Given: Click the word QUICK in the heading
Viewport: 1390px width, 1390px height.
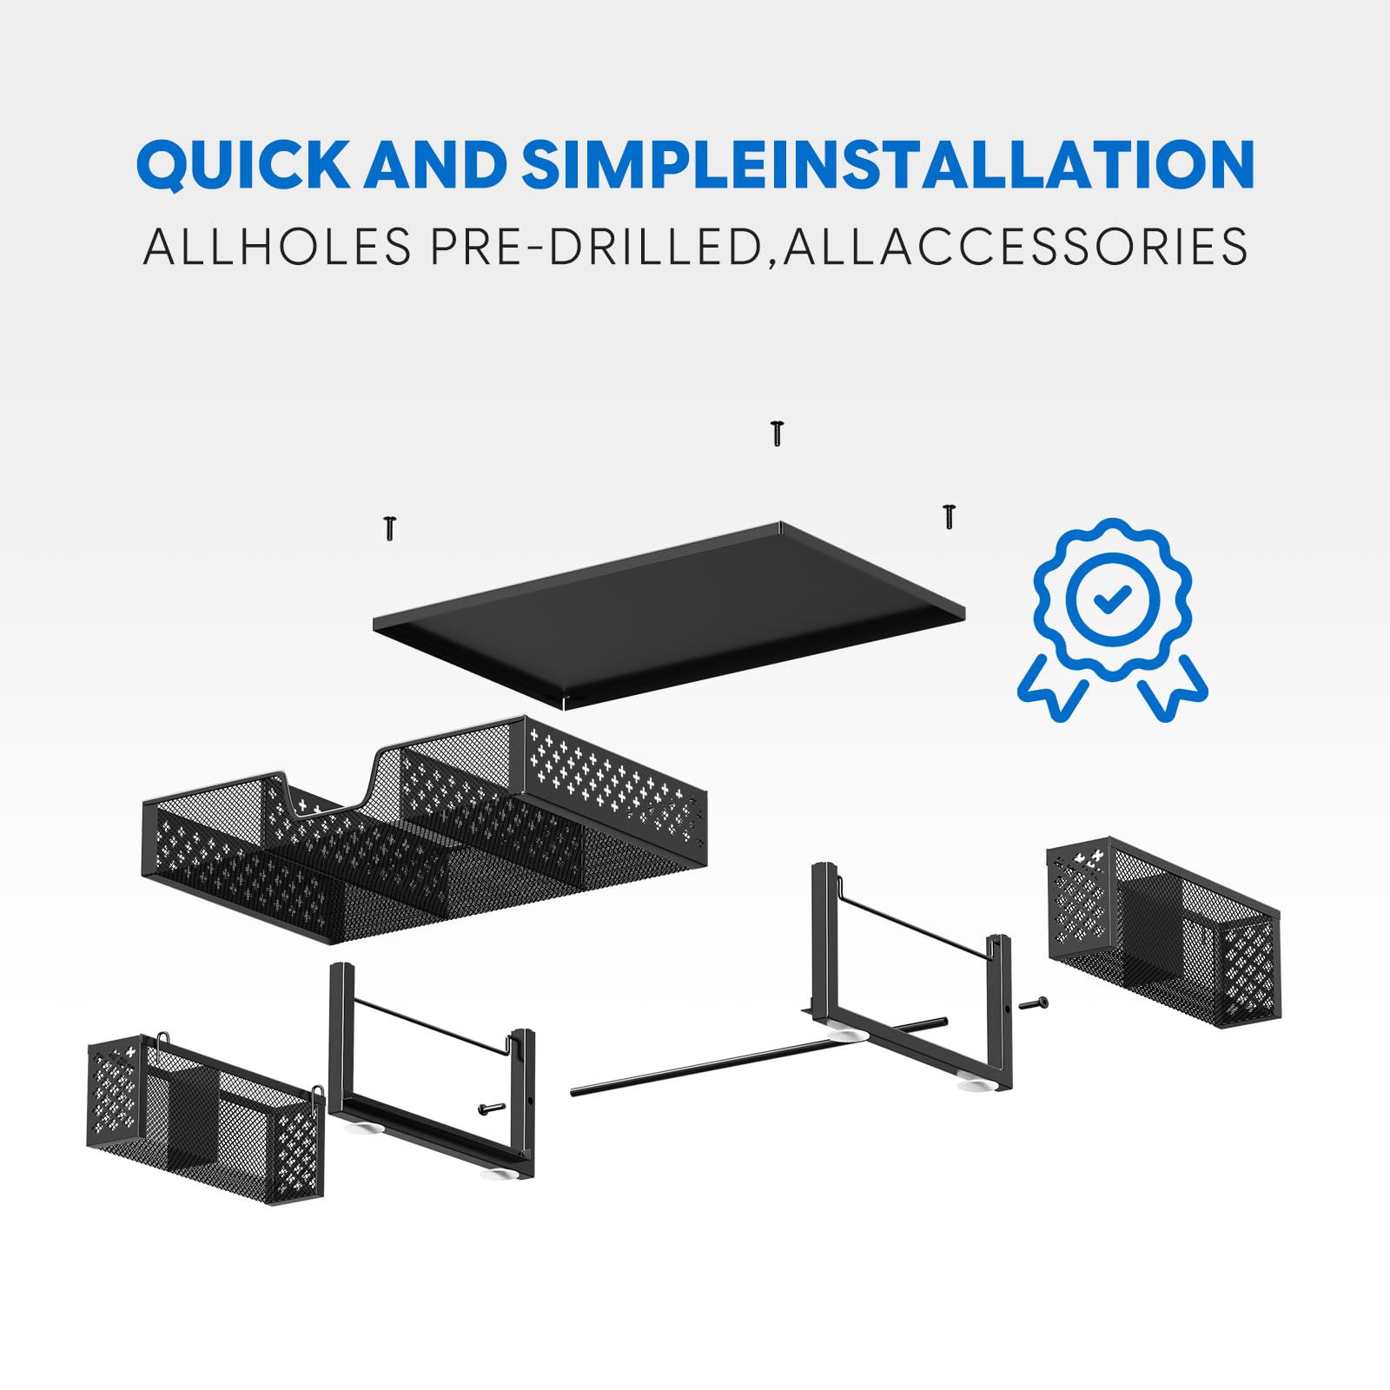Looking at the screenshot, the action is (242, 163).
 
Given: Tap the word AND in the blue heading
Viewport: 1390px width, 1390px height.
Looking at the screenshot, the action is (435, 163).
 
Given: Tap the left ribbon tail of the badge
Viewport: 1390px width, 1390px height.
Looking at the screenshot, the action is (1053, 685).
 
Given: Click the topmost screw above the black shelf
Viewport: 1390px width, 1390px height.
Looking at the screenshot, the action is (778, 433).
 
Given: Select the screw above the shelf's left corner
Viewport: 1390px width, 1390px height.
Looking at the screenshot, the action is (390, 527).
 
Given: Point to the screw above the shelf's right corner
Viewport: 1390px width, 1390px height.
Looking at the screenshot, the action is (949, 515).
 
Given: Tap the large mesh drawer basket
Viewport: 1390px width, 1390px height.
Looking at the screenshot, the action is (424, 830).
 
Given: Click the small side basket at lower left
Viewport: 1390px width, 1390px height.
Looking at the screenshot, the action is (206, 1116).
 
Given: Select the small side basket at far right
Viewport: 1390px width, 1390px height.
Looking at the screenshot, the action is (1164, 932).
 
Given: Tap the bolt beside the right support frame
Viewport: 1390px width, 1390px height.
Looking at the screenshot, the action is (1034, 1004).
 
